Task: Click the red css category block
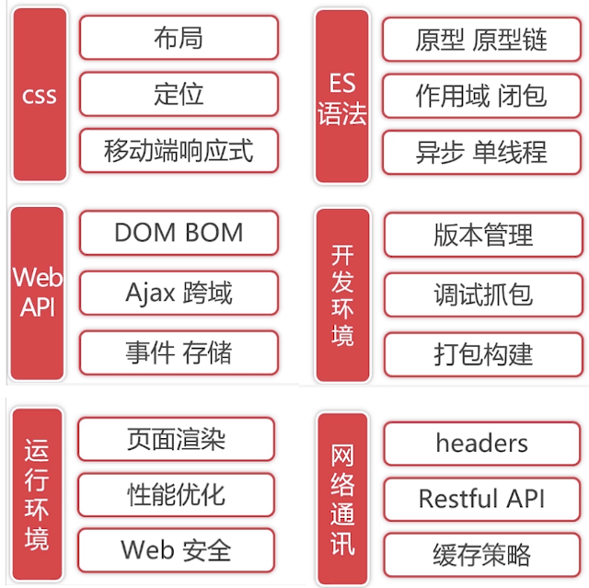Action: [40, 94]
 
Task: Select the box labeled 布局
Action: [179, 38]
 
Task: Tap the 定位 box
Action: [179, 94]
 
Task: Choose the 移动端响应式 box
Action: [179, 150]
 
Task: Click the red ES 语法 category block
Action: [341, 96]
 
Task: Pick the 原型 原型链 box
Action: [481, 40]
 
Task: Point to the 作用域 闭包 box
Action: [481, 96]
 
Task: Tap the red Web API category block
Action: [38, 293]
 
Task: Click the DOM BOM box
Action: [179, 233]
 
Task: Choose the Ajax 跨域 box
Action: [179, 294]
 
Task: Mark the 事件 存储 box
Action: [179, 352]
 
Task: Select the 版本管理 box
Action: [482, 235]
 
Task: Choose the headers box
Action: [482, 444]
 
